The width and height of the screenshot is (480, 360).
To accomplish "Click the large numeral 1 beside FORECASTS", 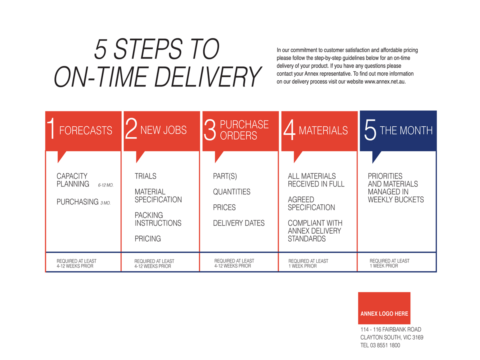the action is coord(51,128).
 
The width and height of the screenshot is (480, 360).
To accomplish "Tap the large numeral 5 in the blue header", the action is coord(370,130).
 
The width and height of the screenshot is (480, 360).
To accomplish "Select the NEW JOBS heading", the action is coord(163,130).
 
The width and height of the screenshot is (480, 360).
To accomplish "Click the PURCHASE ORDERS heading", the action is coord(244,130).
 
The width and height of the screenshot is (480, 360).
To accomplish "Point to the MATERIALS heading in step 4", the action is coord(323,130).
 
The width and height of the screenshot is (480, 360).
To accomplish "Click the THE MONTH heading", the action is coord(406,130).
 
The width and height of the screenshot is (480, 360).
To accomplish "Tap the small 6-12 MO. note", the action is coord(106,185).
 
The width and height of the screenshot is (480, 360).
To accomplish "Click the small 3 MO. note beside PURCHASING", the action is coord(106,203).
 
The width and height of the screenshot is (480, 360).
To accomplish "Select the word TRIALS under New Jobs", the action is coord(146,176).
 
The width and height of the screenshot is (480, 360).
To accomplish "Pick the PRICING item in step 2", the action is coord(148,238).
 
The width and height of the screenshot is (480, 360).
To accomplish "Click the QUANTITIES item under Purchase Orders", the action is coord(232,192).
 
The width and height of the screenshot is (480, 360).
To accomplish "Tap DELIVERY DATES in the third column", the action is coord(239,223).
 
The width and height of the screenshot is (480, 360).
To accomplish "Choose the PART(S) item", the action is coord(225,176).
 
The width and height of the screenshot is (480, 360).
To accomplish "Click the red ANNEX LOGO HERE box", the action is coord(384,308).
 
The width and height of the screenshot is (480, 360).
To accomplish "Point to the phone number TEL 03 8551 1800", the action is coord(380,345).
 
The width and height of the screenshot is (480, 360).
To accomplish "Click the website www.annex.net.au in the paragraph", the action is coord(385,82).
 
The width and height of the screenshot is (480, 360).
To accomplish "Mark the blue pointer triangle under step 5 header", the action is coord(376,157).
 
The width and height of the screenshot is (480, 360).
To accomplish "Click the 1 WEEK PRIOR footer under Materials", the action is coord(302,266).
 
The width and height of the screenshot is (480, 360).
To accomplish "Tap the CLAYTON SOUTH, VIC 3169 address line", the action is coord(392,338).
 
